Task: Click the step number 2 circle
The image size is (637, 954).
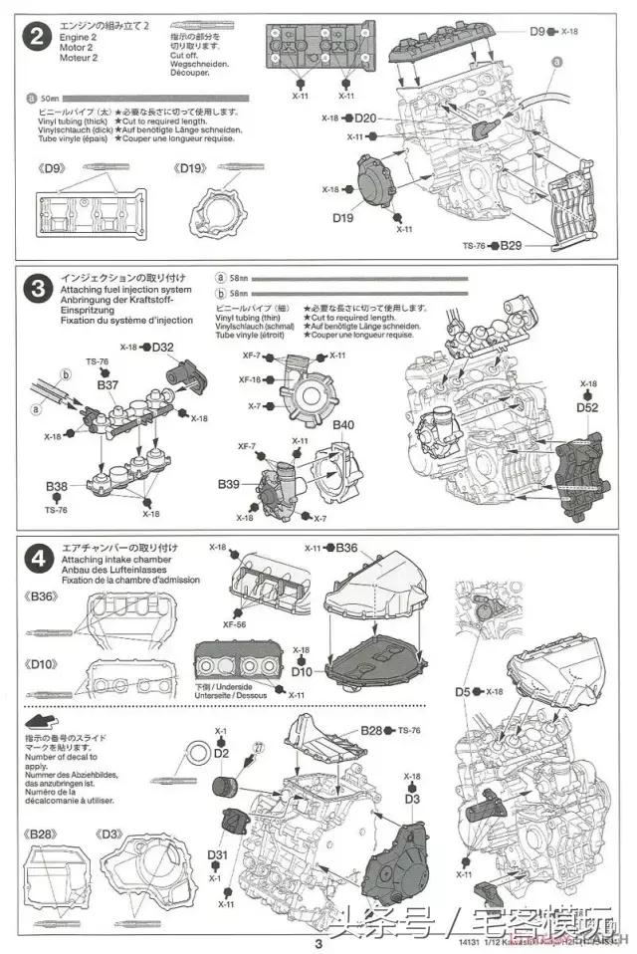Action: point(37,39)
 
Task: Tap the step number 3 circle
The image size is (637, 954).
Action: point(37,290)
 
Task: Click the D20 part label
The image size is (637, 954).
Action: point(366,119)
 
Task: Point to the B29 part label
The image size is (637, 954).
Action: point(511,245)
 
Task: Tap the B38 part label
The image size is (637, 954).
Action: point(56,487)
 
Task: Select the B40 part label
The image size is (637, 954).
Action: point(343,425)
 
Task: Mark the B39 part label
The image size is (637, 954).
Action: point(230,483)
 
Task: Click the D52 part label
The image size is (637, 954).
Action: point(587,406)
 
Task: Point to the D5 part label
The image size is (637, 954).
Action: point(463,691)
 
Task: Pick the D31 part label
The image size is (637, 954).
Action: point(218,853)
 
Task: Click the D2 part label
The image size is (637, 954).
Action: point(221,753)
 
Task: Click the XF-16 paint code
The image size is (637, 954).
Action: point(249,379)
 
